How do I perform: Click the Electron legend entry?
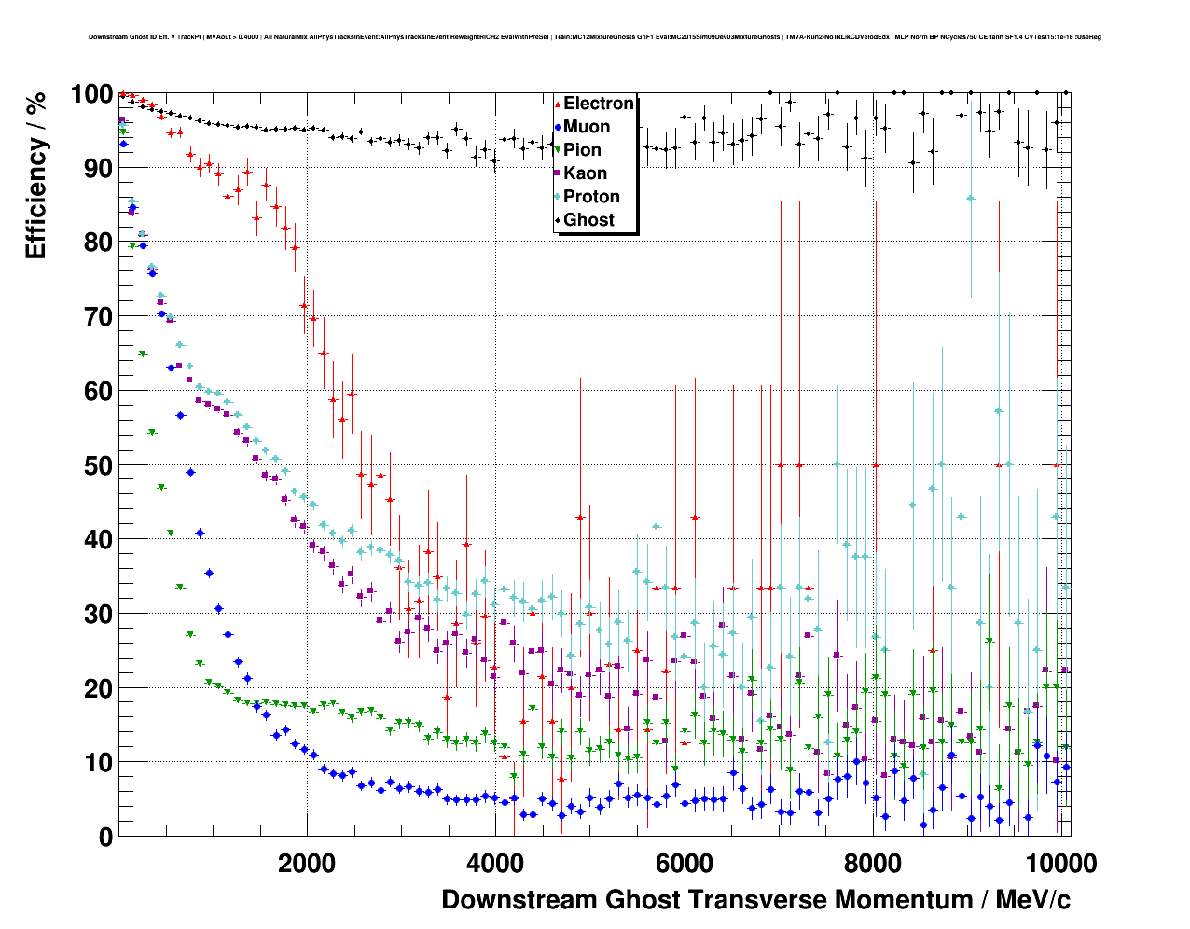click(598, 104)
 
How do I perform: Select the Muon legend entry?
click(587, 127)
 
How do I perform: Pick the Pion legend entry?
click(582, 150)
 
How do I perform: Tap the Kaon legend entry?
click(585, 173)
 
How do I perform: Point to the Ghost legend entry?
click(588, 220)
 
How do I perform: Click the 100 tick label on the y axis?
click(91, 94)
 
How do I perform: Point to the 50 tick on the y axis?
click(98, 465)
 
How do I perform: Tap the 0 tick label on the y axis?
click(105, 837)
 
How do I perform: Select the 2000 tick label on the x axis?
click(307, 863)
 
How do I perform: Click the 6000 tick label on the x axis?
click(684, 863)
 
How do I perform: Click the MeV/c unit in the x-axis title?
click(1032, 899)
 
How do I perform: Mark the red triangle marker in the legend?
click(558, 104)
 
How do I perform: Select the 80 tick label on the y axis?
click(98, 243)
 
